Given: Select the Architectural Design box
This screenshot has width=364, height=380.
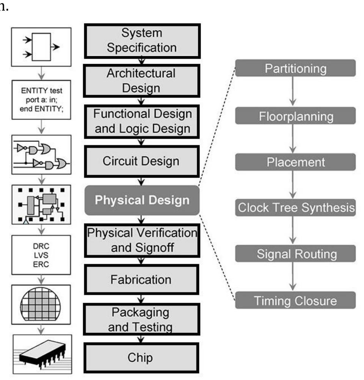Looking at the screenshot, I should [141, 80].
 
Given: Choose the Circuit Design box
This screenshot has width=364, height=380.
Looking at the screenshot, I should [141, 161].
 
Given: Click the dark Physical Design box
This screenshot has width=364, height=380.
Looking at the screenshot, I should [141, 200].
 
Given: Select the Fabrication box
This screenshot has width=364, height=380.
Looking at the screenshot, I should [141, 280].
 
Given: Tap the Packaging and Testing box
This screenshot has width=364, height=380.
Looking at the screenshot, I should [141, 319].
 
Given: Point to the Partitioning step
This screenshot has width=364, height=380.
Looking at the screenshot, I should [295, 69].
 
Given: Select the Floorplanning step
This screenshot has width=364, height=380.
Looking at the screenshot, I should [295, 116].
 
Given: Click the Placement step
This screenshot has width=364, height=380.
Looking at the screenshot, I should [295, 162].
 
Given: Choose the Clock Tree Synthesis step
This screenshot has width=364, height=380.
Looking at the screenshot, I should [295, 208].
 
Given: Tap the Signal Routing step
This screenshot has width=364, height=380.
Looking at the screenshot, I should [295, 254].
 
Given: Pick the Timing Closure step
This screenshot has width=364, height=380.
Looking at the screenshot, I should [295, 301].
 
